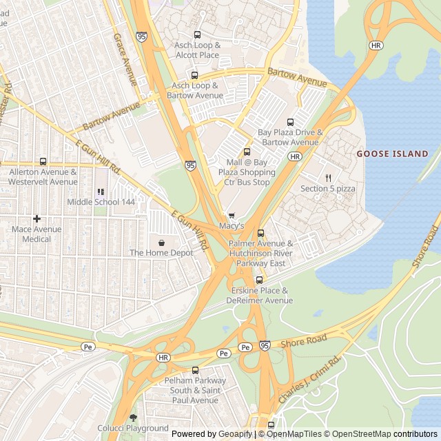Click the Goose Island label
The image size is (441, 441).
click(392, 154)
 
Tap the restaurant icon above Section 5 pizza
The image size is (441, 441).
click(328, 178)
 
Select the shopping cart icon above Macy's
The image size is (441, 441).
click(232, 215)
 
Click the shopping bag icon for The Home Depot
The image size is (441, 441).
click(161, 243)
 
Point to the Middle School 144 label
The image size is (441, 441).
click(101, 202)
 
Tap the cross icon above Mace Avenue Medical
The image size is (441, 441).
click(37, 218)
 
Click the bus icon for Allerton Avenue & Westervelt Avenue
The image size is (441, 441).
click(43, 161)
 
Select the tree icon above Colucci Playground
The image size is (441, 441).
click(133, 418)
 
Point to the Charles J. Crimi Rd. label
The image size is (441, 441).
click(310, 381)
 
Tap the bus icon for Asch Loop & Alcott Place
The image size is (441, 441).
click(197, 34)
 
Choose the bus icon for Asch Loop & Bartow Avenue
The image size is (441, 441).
click(194, 75)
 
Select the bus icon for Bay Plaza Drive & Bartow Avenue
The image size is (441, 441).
click(289, 122)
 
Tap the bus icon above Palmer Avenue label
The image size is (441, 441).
click(260, 233)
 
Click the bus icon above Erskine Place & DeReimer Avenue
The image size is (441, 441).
click(260, 280)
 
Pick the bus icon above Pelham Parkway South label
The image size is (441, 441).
click(195, 370)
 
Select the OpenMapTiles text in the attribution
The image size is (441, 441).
click(294, 434)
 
